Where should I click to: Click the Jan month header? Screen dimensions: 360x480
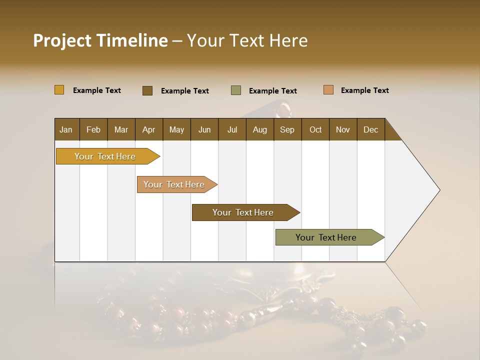(66, 129)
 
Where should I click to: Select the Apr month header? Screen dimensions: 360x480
(149, 129)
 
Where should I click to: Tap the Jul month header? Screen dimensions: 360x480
(232, 129)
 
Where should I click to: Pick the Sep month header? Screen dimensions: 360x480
(287, 129)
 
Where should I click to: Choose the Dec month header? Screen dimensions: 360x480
(370, 129)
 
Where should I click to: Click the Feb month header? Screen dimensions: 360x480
(93, 129)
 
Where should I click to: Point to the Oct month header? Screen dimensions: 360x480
(315, 129)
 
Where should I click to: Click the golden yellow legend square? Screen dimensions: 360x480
(59, 90)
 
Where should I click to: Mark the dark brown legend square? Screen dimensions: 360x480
(147, 90)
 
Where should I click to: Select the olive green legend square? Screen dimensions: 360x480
(235, 90)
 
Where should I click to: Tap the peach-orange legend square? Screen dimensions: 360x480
(328, 90)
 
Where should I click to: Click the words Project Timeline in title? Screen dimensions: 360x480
(100, 40)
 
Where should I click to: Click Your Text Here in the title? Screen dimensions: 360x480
(247, 40)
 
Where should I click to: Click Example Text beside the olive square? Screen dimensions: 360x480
(273, 91)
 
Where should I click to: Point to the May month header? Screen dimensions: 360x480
(176, 129)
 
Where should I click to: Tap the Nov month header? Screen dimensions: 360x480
(343, 129)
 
